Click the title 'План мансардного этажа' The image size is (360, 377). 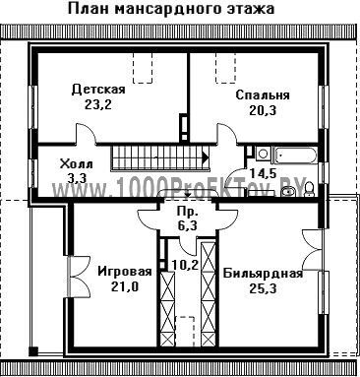point(171,8)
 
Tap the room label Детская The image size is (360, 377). point(98,89)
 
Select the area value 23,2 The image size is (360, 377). point(98,104)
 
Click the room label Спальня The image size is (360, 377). point(263,95)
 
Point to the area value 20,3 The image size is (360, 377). point(263,110)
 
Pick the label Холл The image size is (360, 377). point(76,163)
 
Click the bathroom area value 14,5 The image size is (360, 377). point(264,172)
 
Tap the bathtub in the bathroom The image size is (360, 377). point(296,155)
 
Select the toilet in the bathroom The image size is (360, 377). point(309,189)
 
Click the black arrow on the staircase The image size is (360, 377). point(206,157)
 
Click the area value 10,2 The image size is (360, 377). point(186,264)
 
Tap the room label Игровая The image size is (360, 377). point(125,272)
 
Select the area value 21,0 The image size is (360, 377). point(125,286)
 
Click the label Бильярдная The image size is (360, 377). point(263,273)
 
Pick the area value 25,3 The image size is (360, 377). point(264,288)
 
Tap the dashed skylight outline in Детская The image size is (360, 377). point(143,68)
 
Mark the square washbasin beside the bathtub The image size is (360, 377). point(263,154)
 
